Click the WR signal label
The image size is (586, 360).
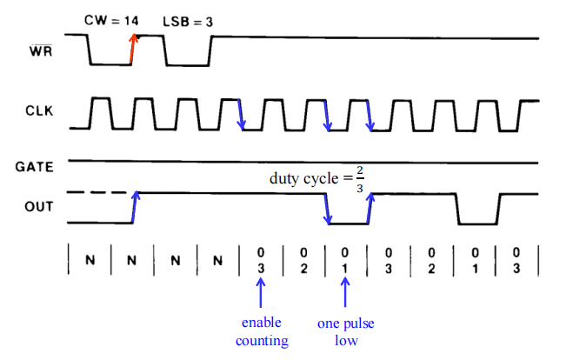[41, 50]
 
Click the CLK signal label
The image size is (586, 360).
[39, 110]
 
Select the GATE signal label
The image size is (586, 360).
[34, 167]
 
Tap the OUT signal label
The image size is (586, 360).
[39, 206]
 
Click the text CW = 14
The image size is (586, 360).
[111, 20]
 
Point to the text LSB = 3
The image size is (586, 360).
[188, 22]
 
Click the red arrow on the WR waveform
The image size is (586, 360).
[133, 49]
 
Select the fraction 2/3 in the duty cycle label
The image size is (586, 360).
[360, 178]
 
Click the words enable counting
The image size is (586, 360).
[262, 331]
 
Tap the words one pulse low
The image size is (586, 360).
[346, 331]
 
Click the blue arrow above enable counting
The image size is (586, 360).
[261, 293]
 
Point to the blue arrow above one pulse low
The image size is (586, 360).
[345, 292]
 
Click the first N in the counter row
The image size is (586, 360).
[90, 260]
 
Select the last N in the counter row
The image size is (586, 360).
[217, 260]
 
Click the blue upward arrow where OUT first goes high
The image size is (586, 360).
[135, 207]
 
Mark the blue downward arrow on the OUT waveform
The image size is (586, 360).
[327, 209]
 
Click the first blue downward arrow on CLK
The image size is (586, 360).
[241, 115]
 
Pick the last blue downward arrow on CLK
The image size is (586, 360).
[370, 116]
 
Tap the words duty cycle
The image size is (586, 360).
[303, 178]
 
